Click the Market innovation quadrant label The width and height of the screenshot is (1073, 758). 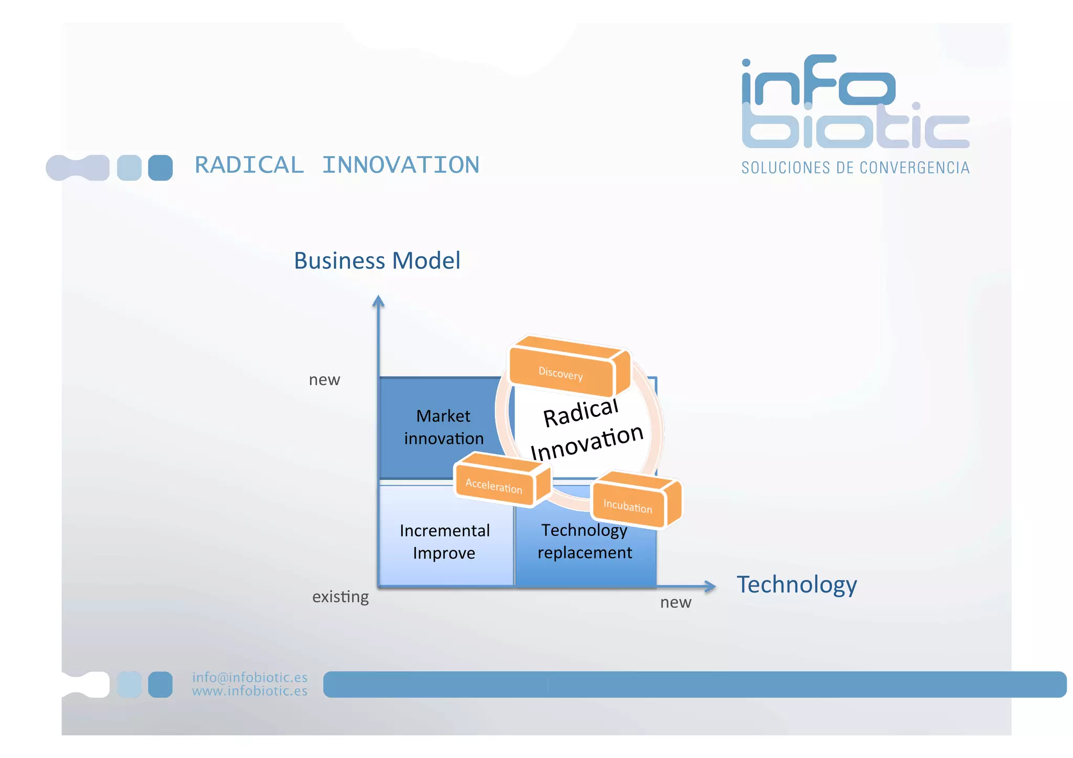click(443, 427)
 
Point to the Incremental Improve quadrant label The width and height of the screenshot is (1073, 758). click(444, 541)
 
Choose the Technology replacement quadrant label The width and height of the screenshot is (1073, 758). click(585, 541)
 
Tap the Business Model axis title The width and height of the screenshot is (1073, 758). click(377, 260)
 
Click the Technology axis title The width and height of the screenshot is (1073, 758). click(796, 584)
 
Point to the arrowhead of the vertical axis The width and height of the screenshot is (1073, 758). click(378, 301)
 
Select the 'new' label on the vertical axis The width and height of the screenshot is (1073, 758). click(324, 379)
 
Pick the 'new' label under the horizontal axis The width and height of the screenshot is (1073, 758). click(675, 602)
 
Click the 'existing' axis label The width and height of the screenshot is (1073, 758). click(340, 597)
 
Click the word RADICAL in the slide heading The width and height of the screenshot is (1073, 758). click(249, 165)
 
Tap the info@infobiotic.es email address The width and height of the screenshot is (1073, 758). click(249, 677)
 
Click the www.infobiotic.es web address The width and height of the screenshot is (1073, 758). click(249, 691)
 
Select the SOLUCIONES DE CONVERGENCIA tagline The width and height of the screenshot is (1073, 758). click(855, 168)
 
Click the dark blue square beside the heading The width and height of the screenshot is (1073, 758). click(160, 168)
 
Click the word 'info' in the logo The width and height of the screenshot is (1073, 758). click(817, 81)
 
